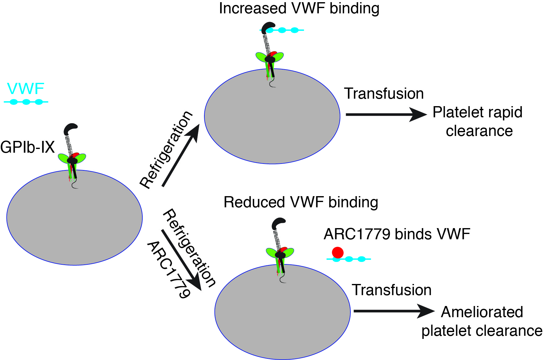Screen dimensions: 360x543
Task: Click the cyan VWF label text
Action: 25,89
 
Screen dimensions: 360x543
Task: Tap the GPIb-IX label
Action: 27,147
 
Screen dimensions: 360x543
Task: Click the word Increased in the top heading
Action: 252,8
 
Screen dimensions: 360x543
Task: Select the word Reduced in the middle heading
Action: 254,202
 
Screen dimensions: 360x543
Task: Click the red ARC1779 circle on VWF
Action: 338,252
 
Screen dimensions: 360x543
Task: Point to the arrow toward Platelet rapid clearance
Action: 386,115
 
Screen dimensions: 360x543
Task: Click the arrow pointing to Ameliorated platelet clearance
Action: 394,311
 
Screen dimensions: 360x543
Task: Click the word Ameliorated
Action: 482,312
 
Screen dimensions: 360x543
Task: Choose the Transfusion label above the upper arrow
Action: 384,94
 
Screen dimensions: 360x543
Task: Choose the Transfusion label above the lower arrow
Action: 391,290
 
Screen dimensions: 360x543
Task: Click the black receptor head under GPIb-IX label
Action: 70,129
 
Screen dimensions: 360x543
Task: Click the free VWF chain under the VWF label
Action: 26,102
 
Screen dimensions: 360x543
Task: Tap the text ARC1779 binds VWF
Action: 397,234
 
